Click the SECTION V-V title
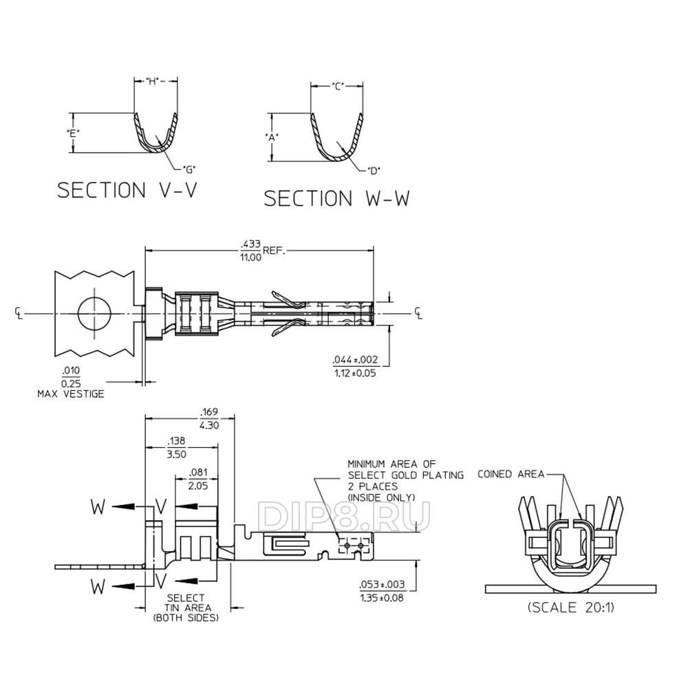coord(127,190)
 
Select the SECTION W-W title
coord(336,198)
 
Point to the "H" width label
coord(152,82)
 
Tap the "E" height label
coord(73,133)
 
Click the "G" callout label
coord(189,169)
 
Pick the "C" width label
coord(337,87)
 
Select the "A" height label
coord(272,138)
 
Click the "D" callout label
coord(374,170)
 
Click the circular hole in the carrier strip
coord(94,313)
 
